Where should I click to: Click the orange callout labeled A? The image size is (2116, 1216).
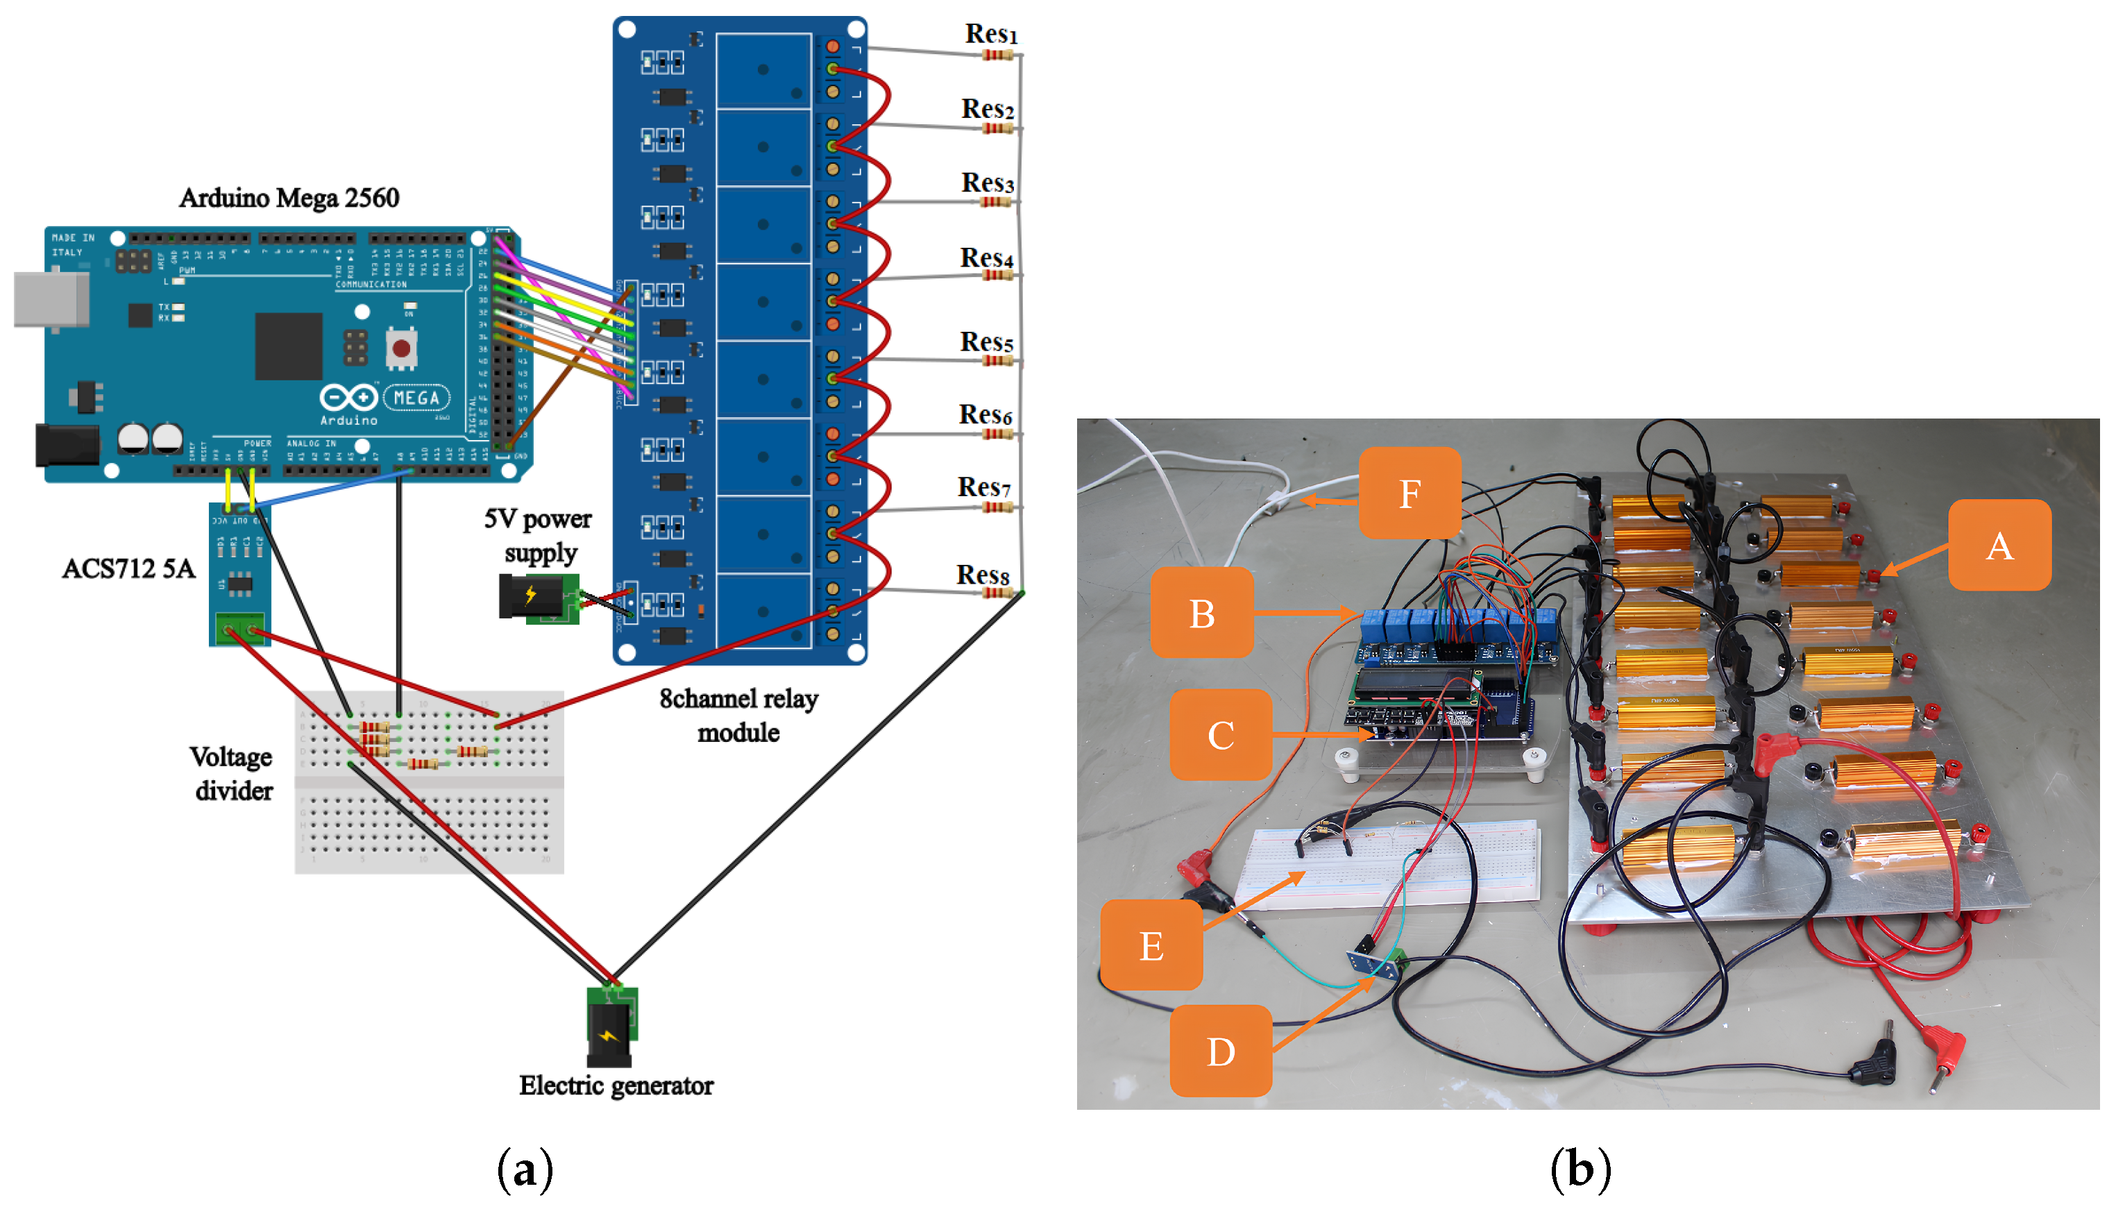pyautogui.click(x=1999, y=546)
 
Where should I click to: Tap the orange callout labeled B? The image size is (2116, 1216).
pyautogui.click(x=1201, y=613)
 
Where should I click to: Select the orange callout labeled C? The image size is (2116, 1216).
pyautogui.click(x=1220, y=735)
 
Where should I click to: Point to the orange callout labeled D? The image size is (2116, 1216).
pyautogui.click(x=1220, y=1051)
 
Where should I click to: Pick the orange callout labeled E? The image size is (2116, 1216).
pyautogui.click(x=1151, y=945)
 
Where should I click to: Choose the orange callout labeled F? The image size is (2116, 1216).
pyautogui.click(x=1409, y=493)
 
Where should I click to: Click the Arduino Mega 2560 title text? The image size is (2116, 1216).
pyautogui.click(x=289, y=198)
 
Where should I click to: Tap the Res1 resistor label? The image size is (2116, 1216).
pyautogui.click(x=990, y=34)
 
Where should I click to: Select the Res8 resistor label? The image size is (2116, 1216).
pyautogui.click(x=982, y=575)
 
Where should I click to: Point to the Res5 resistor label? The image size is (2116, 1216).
pyautogui.click(x=985, y=341)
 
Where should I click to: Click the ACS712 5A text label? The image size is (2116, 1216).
pyautogui.click(x=128, y=568)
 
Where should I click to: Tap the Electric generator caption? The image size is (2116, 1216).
pyautogui.click(x=616, y=1085)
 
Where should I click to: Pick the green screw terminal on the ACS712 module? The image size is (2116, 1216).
pyautogui.click(x=239, y=628)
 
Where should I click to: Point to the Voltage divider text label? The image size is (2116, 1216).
pyautogui.click(x=232, y=772)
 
